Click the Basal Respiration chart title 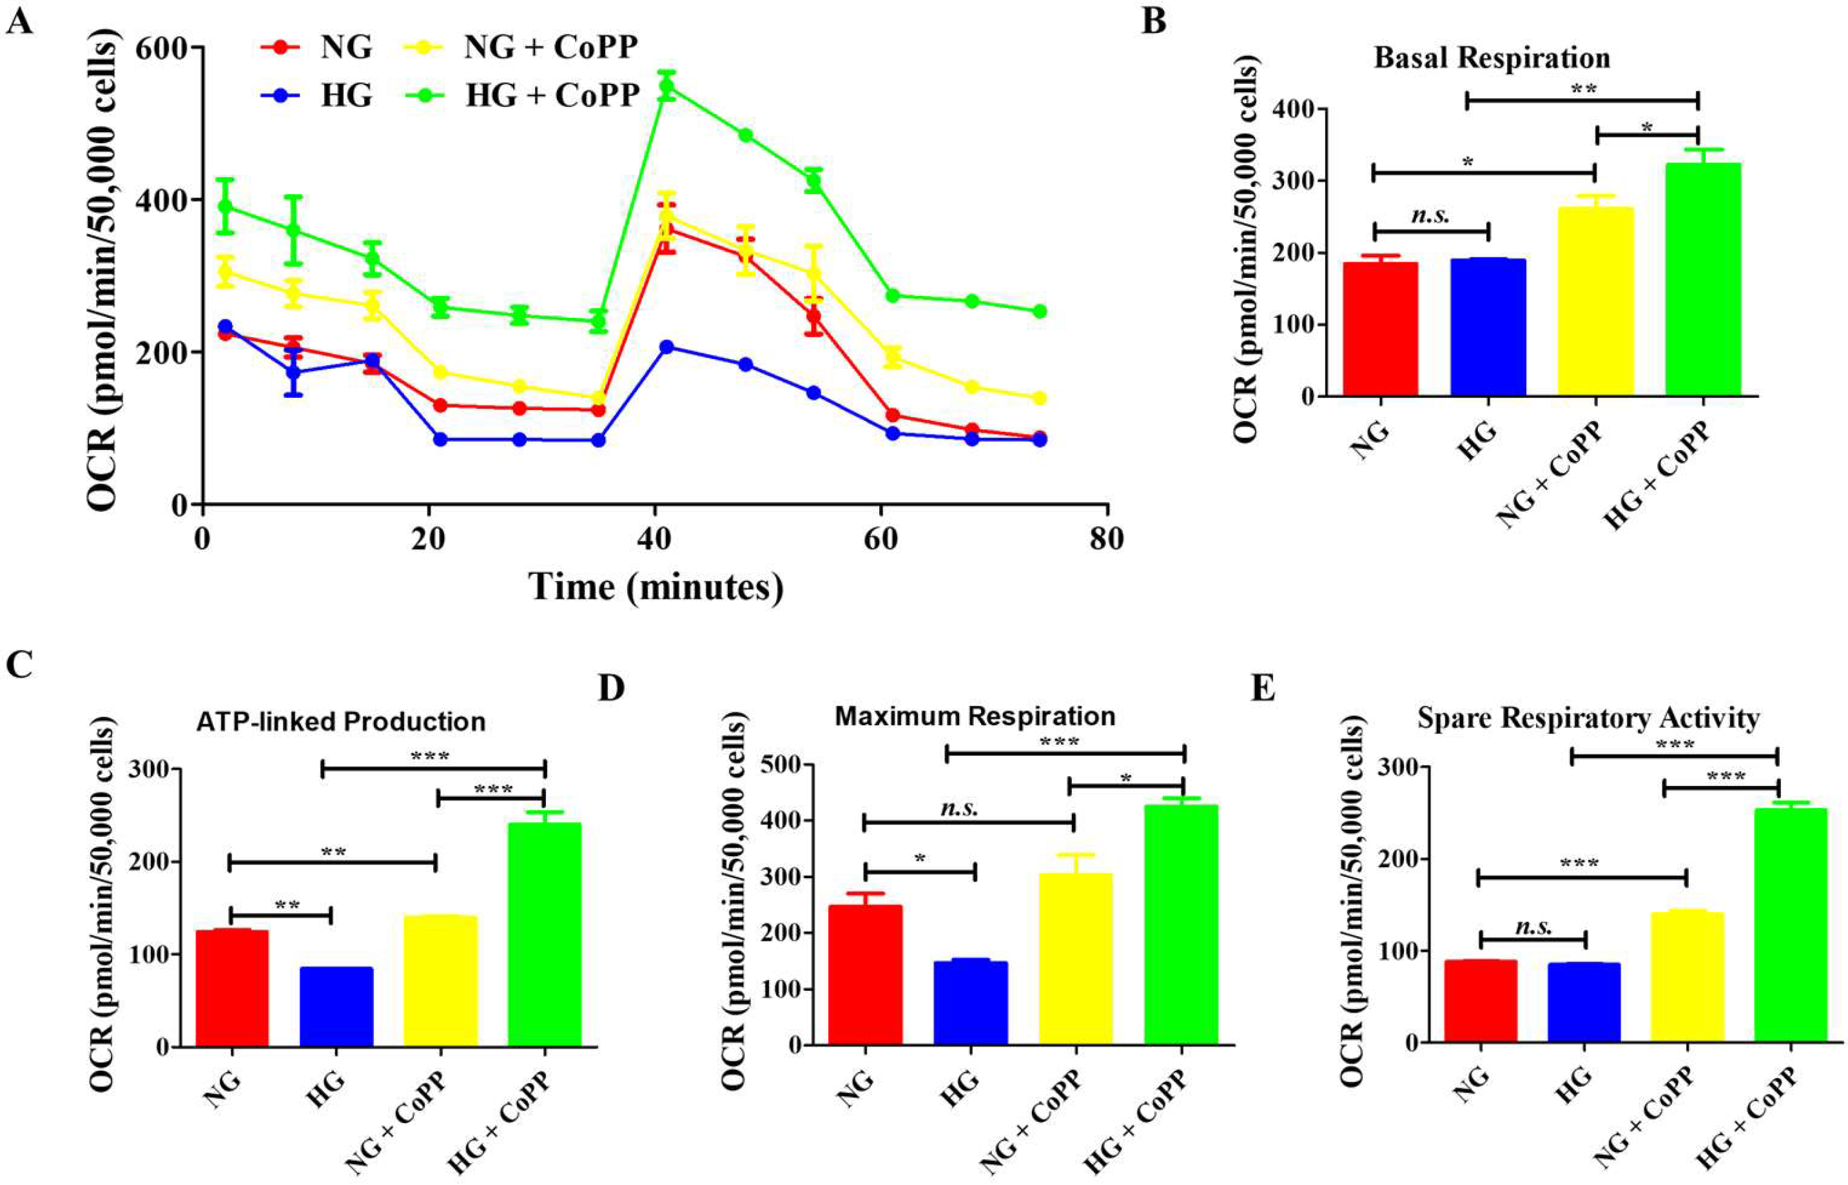(1492, 59)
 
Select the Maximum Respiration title (975, 716)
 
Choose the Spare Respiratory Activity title (1589, 718)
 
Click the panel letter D (612, 688)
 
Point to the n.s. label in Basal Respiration (1430, 216)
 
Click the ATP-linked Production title (341, 722)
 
